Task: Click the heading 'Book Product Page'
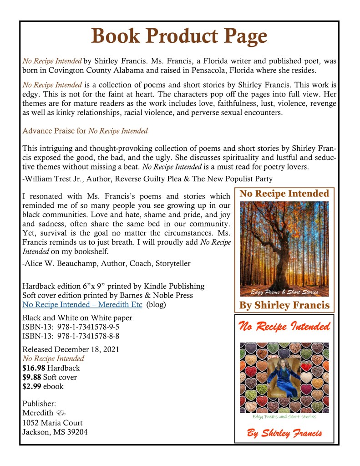point(179,36)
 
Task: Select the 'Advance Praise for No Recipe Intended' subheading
point(85,131)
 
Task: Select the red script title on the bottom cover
point(284,327)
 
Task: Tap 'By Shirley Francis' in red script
point(284,432)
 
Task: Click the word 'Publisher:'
point(39,404)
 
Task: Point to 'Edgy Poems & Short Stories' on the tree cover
point(284,292)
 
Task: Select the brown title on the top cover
point(284,194)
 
